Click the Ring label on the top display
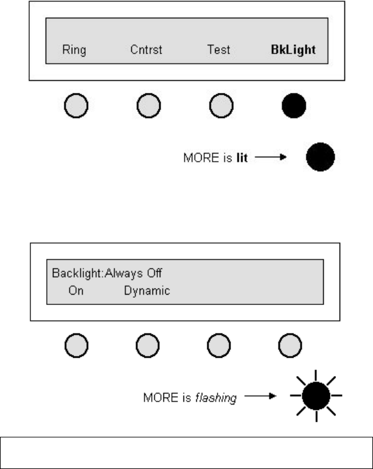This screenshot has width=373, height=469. pos(74,50)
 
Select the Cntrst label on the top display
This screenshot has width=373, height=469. pos(146,50)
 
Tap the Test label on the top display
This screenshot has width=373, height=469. pos(219,50)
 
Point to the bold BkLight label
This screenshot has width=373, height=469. pos(293,50)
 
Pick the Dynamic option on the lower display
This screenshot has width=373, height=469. pos(147,290)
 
